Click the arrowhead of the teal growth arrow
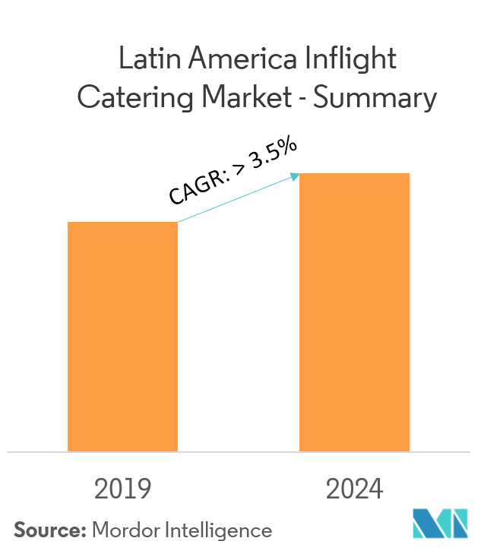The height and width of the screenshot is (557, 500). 296,176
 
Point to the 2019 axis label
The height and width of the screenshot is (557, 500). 123,489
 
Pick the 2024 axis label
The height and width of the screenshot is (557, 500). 355,489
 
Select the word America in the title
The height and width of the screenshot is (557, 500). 244,59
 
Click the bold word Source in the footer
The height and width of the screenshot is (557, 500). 49,530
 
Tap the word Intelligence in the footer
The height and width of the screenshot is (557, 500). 219,530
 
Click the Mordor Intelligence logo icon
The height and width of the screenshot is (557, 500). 440,524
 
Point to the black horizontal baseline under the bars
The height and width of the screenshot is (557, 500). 239,452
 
